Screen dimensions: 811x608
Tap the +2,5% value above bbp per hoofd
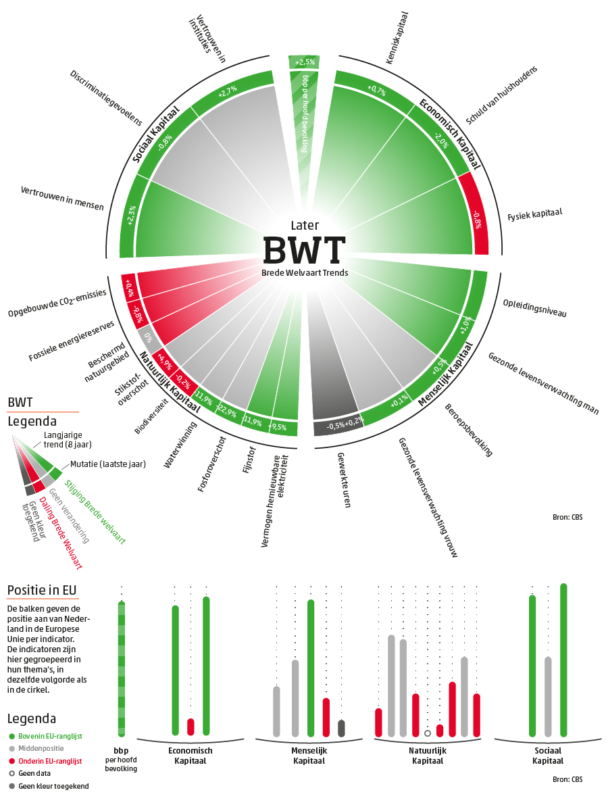pos(304,62)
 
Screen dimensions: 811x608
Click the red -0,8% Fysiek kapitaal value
pos(477,220)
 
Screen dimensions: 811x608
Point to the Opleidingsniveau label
pos(534,308)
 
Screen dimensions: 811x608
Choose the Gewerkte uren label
pos(343,480)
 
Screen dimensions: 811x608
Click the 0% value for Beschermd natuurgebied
pos(146,335)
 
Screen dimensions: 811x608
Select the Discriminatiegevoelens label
pos(106,97)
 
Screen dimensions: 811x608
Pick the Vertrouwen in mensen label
pos(62,198)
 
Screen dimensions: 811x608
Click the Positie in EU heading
pos(41,590)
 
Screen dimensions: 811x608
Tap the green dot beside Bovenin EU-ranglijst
pos(11,736)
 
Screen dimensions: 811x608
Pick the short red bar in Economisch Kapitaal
pos(191,727)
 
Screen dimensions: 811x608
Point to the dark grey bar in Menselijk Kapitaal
pos(341,728)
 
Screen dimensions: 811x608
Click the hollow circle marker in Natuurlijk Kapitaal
pos(427,733)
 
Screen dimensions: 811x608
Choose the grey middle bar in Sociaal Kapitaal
pos(548,696)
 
